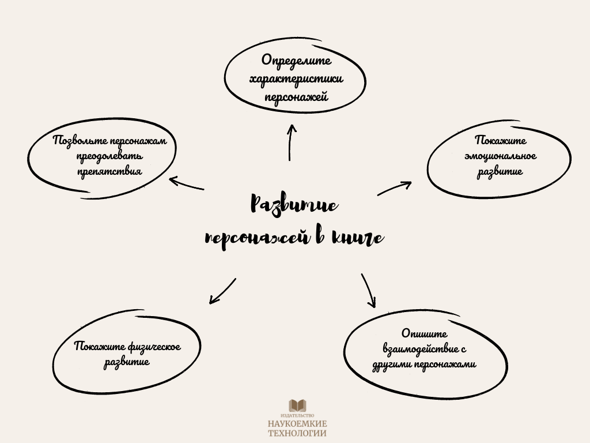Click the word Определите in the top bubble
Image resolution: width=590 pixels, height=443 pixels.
(x=296, y=61)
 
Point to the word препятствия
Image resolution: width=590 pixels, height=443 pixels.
(x=109, y=171)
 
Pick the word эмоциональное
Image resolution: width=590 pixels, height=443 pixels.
(x=500, y=156)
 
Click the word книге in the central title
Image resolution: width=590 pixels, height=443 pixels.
(x=357, y=238)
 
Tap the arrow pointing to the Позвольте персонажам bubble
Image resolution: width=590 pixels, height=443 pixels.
(x=186, y=183)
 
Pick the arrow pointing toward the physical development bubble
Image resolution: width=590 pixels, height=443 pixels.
(x=222, y=291)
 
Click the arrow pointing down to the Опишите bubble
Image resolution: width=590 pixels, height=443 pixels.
(x=369, y=291)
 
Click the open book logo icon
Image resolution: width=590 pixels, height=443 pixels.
(x=297, y=406)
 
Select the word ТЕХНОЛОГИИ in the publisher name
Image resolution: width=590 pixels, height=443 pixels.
(x=297, y=434)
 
